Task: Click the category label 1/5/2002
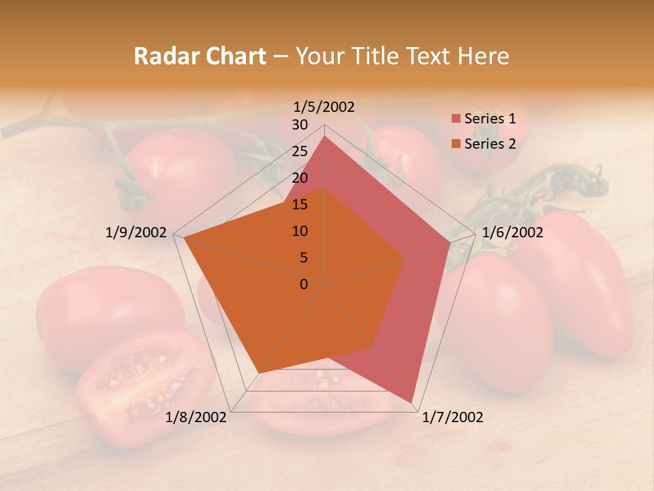pyautogui.click(x=324, y=107)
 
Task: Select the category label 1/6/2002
pyautogui.click(x=512, y=233)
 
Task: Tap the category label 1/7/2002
pyautogui.click(x=452, y=417)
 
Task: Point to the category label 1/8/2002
pyautogui.click(x=196, y=417)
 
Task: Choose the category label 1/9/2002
pyautogui.click(x=136, y=233)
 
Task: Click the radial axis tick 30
pyautogui.click(x=300, y=125)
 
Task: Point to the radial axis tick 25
pyautogui.click(x=300, y=151)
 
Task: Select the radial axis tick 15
pyautogui.click(x=300, y=205)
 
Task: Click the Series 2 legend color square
pyautogui.click(x=456, y=144)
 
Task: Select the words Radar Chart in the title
pyautogui.click(x=200, y=56)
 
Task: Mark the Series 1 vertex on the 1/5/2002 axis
pyautogui.click(x=324, y=136)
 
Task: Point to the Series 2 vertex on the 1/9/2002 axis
pyautogui.click(x=184, y=238)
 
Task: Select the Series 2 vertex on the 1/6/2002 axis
pyautogui.click(x=405, y=257)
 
